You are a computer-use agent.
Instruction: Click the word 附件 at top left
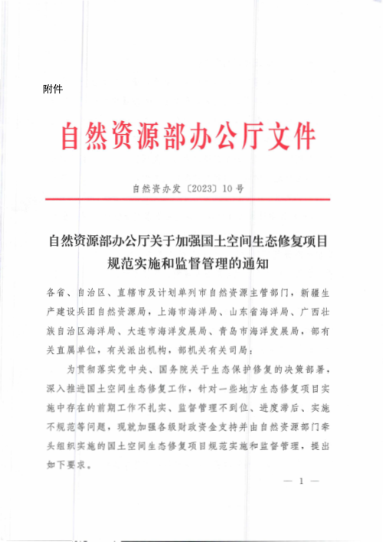(53, 90)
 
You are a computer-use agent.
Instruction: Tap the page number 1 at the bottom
(302, 481)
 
